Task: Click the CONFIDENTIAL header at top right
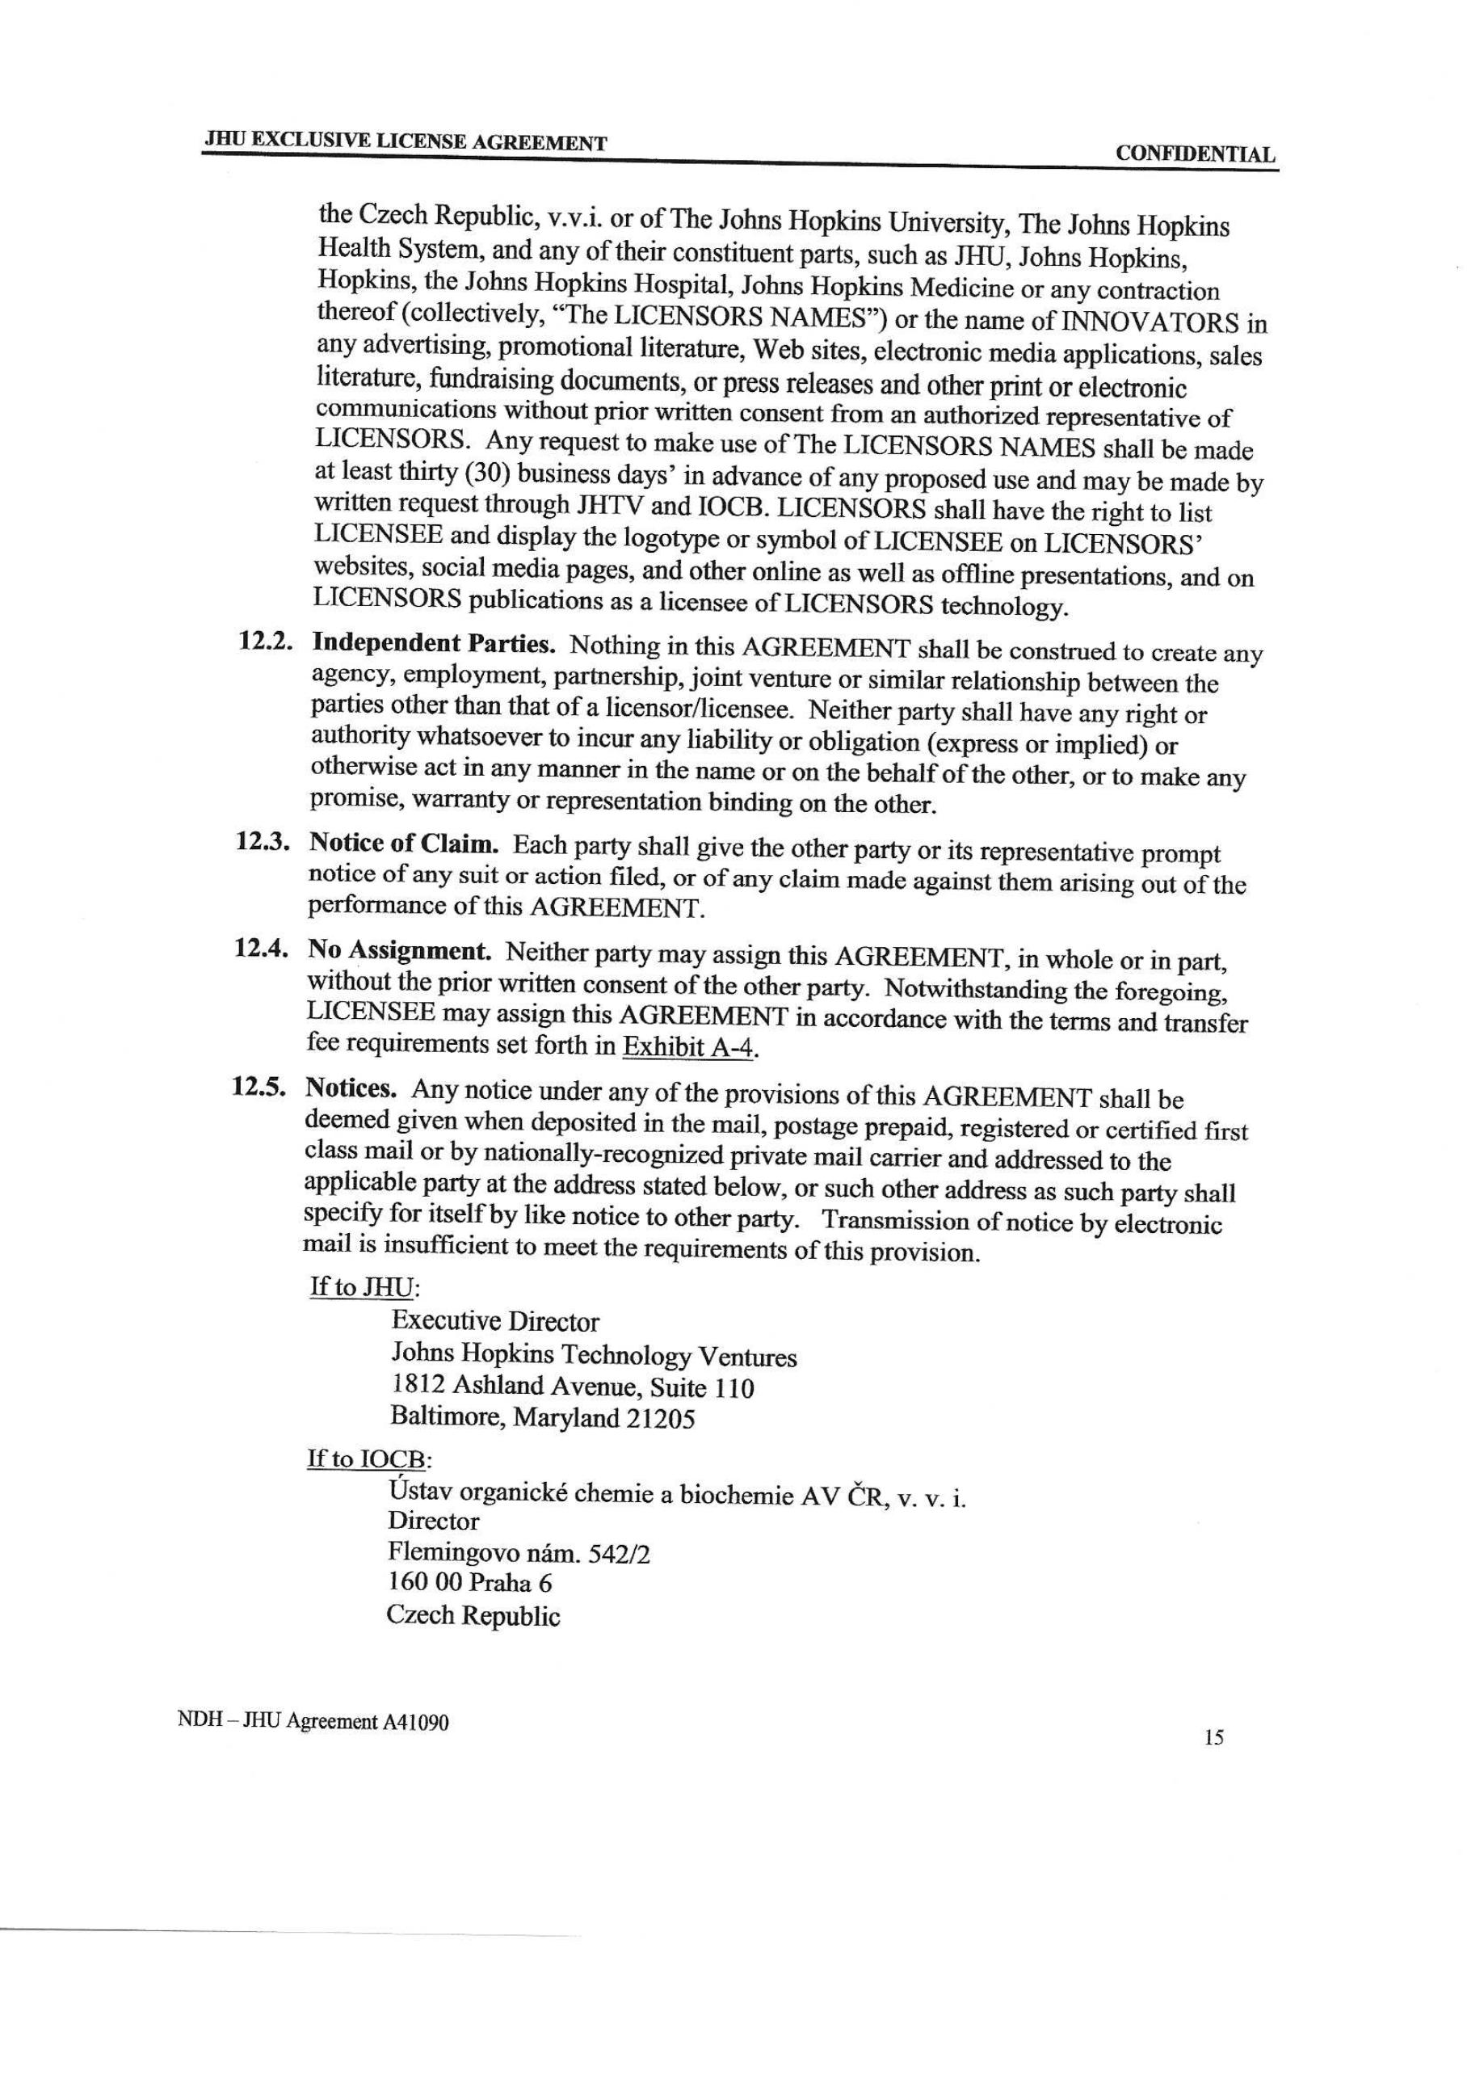1195,154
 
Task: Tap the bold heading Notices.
351,1088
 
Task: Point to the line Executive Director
495,1322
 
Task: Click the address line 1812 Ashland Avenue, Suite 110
572,1387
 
